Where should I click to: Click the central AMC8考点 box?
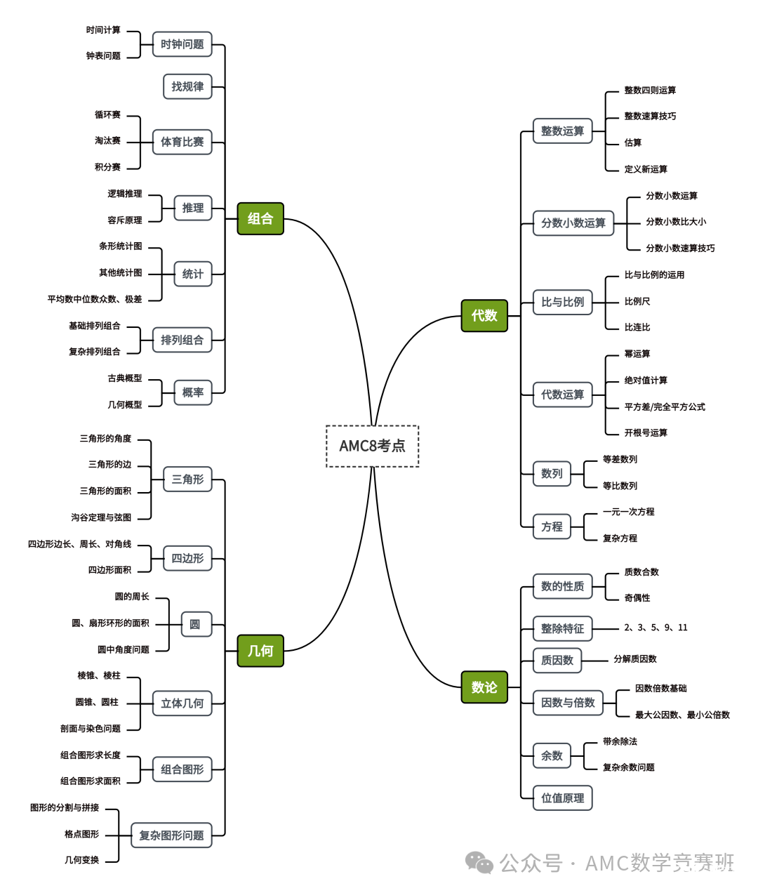(372, 446)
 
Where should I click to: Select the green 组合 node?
(260, 218)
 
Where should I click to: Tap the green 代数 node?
(484, 315)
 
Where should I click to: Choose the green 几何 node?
(260, 651)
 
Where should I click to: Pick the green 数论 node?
(484, 687)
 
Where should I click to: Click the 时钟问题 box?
(182, 44)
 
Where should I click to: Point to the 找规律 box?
(187, 86)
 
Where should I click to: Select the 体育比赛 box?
(182, 142)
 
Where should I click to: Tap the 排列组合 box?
(182, 340)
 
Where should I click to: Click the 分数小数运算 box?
(573, 223)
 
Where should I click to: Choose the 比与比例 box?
(562, 302)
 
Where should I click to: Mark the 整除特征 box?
(562, 628)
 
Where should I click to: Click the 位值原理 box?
(562, 798)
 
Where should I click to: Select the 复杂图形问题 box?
(171, 835)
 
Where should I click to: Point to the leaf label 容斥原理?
(125, 220)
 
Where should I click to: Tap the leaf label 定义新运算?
(646, 169)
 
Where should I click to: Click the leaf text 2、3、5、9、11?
(656, 628)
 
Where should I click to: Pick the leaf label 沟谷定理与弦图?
(101, 517)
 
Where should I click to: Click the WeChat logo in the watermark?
(479, 862)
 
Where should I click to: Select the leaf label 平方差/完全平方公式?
(665, 406)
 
